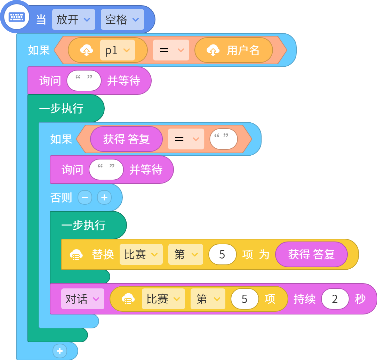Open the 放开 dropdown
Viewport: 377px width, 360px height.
point(74,19)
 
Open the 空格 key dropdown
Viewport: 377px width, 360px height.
point(122,19)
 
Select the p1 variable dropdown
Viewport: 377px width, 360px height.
point(117,50)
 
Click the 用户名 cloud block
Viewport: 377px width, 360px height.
point(233,50)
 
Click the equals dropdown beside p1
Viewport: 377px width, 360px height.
point(171,50)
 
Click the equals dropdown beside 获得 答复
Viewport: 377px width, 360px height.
point(186,139)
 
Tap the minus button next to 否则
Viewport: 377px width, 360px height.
point(85,197)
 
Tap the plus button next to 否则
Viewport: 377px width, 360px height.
point(104,197)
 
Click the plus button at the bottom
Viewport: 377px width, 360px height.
point(60,351)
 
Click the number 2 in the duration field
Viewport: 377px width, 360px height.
point(335,299)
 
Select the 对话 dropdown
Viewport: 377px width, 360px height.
point(83,299)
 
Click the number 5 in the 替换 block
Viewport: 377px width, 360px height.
point(222,254)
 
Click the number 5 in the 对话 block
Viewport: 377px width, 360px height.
point(244,299)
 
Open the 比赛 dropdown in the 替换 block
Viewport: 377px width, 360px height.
point(141,254)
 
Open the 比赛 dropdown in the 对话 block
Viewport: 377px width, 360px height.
point(163,299)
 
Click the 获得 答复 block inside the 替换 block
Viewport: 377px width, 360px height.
point(311,254)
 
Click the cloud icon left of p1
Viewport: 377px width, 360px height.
point(87,50)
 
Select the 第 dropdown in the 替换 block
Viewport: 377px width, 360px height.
point(186,254)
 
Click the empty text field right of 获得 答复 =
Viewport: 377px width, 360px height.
point(224,139)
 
